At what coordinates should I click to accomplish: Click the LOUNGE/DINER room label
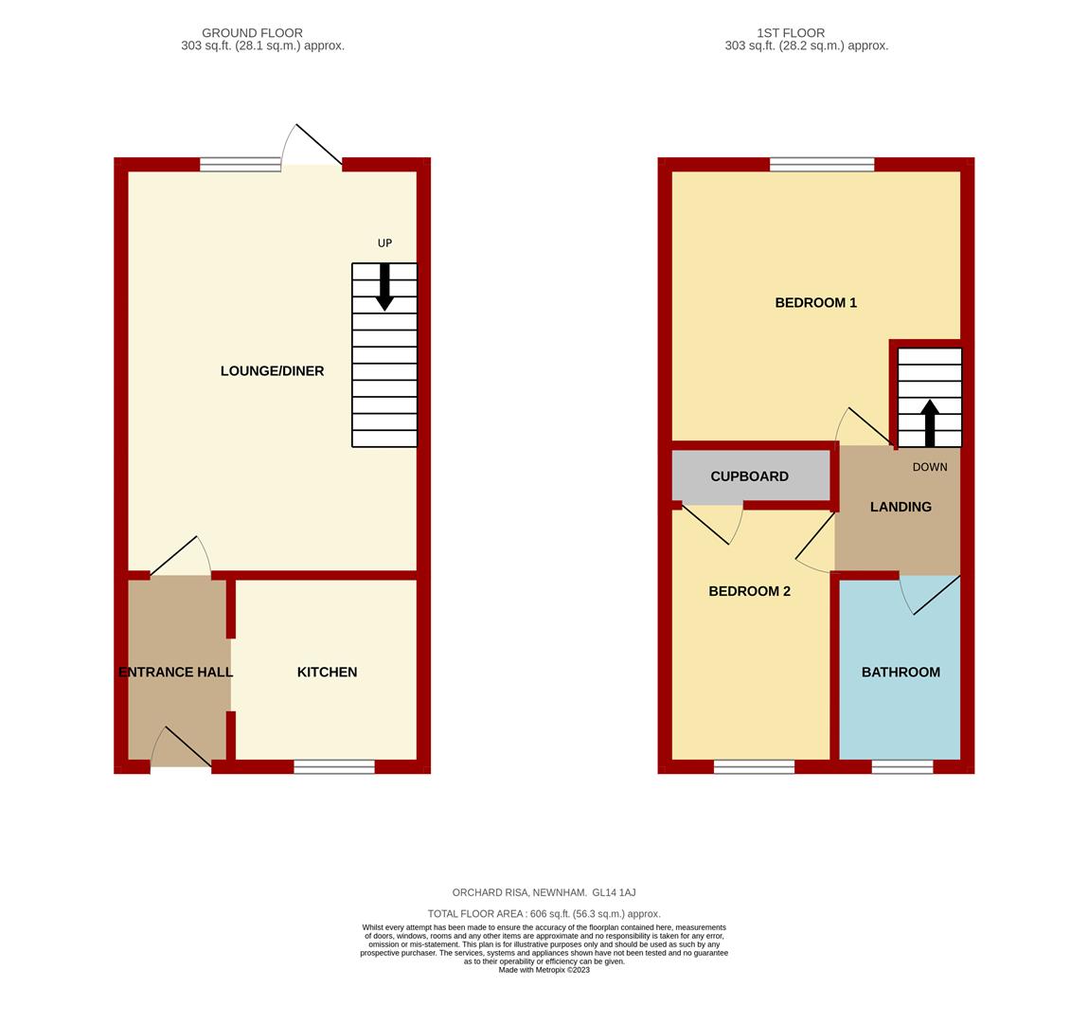pos(272,371)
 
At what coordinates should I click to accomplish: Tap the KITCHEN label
pos(327,673)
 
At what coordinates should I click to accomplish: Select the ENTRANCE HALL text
pos(176,673)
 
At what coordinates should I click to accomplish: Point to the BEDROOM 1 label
pos(815,303)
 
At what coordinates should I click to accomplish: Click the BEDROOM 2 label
pos(749,591)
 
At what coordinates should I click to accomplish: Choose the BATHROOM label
pos(901,673)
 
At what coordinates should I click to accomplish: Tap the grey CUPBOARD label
pos(749,476)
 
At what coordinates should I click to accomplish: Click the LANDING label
pos(901,507)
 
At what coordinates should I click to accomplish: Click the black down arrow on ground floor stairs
pos(384,287)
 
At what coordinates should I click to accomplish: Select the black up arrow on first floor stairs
pos(930,422)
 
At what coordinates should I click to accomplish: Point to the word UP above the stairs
pos(384,243)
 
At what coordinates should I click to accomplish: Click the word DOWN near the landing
pos(929,467)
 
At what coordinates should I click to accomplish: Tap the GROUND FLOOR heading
pos(252,33)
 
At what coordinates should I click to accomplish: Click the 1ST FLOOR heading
pos(791,33)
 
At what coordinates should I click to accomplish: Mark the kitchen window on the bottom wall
pos(333,766)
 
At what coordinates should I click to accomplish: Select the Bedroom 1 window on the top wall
pos(821,165)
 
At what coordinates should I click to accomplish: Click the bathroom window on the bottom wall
pos(901,766)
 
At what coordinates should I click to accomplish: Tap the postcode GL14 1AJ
pos(614,892)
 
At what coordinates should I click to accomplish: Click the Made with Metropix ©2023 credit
pos(544,970)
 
